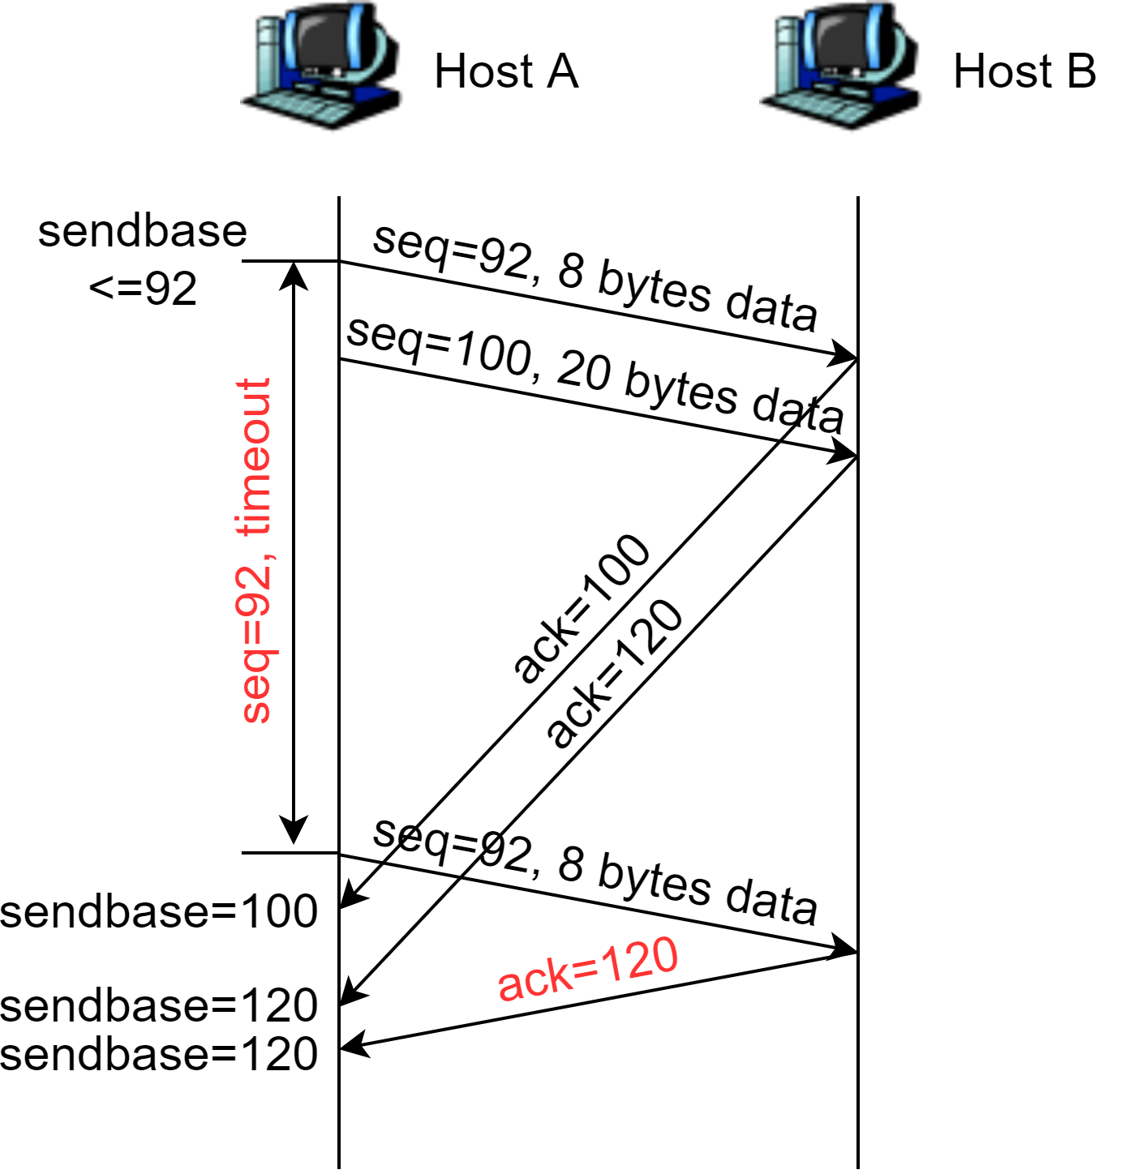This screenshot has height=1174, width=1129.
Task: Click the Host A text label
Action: pyautogui.click(x=506, y=71)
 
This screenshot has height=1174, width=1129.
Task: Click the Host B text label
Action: pyautogui.click(x=1024, y=71)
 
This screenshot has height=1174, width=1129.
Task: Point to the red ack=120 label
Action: pyautogui.click(x=587, y=970)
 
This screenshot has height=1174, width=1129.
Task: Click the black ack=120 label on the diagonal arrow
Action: pyautogui.click(x=615, y=673)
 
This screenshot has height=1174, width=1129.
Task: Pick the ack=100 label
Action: pyautogui.click(x=581, y=608)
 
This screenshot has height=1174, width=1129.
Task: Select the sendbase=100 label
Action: pyautogui.click(x=159, y=911)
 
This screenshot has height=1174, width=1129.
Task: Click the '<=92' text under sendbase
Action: pyautogui.click(x=143, y=289)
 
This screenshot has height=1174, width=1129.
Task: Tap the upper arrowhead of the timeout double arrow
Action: pyautogui.click(x=294, y=276)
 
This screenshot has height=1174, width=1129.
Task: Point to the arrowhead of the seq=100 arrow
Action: pyautogui.click(x=844, y=454)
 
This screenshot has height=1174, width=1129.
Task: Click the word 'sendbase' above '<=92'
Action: pyautogui.click(x=143, y=232)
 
